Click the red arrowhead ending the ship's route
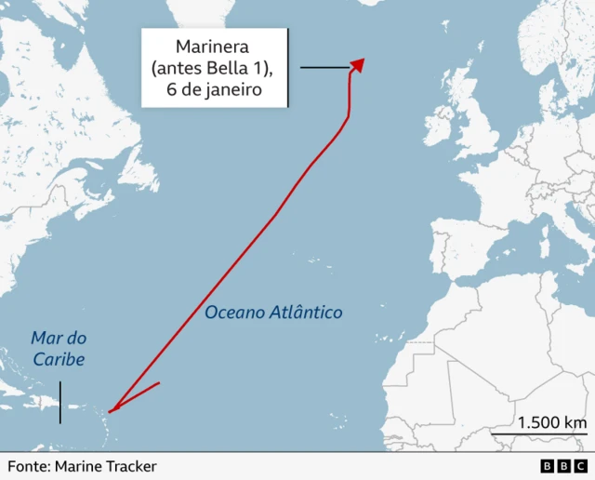(357, 64)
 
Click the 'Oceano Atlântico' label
(273, 313)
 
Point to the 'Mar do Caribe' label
(58, 349)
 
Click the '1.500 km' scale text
(552, 421)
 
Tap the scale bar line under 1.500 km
(539, 434)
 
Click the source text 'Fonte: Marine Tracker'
(82, 466)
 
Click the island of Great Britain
(474, 126)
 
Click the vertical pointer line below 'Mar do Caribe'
(60, 402)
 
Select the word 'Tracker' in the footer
(130, 466)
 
